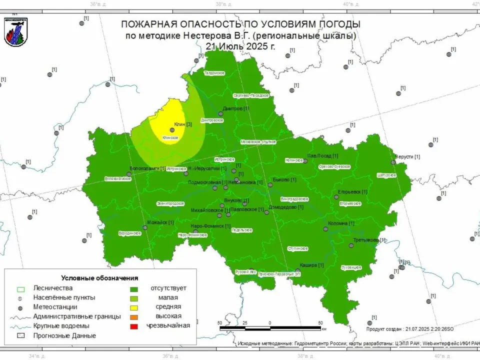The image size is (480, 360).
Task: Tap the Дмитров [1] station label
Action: pyautogui.click(x=235, y=108)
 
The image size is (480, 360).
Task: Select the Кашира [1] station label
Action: pyautogui.click(x=311, y=265)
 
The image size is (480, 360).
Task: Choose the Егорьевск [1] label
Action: pyautogui.click(x=352, y=191)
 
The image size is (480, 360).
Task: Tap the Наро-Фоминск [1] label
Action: pyautogui.click(x=210, y=226)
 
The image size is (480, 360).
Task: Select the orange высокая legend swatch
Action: pyautogui.click(x=134, y=316)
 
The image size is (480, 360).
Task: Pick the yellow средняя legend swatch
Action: pyautogui.click(x=134, y=307)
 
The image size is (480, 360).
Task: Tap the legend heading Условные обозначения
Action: pyautogui.click(x=99, y=278)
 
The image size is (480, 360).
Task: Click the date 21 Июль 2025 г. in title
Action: pyautogui.click(x=240, y=46)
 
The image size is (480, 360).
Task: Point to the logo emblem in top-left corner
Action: pyautogui.click(x=16, y=32)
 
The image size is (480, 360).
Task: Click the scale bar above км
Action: pyautogui.click(x=270, y=328)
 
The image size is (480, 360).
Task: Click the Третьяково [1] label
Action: pyautogui.click(x=369, y=240)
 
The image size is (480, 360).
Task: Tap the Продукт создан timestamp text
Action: pyautogui.click(x=409, y=329)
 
